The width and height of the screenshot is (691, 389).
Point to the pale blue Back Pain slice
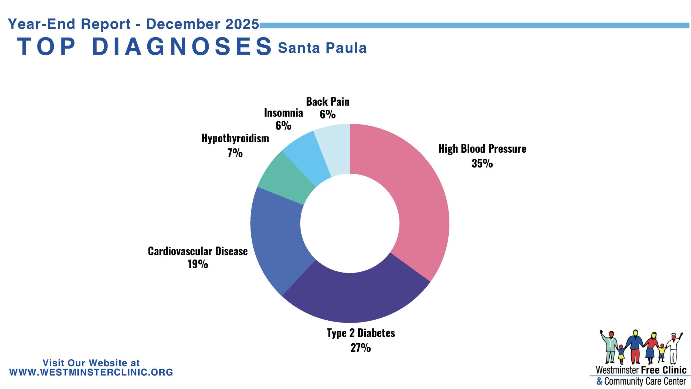click(336, 149)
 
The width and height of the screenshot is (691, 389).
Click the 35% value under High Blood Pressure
click(482, 163)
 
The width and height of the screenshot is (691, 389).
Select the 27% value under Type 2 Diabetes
click(361, 348)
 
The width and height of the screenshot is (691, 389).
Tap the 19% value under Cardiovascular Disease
click(198, 264)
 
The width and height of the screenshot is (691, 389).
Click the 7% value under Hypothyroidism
click(235, 153)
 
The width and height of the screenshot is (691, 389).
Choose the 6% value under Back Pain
click(328, 114)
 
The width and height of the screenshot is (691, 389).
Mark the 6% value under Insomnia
click(283, 125)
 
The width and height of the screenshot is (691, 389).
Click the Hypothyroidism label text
click(235, 139)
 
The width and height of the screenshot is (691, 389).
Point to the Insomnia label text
click(283, 113)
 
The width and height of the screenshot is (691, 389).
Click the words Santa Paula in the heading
click(322, 48)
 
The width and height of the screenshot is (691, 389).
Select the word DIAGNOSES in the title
click(182, 46)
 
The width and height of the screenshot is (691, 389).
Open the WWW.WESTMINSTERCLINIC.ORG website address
click(91, 372)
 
